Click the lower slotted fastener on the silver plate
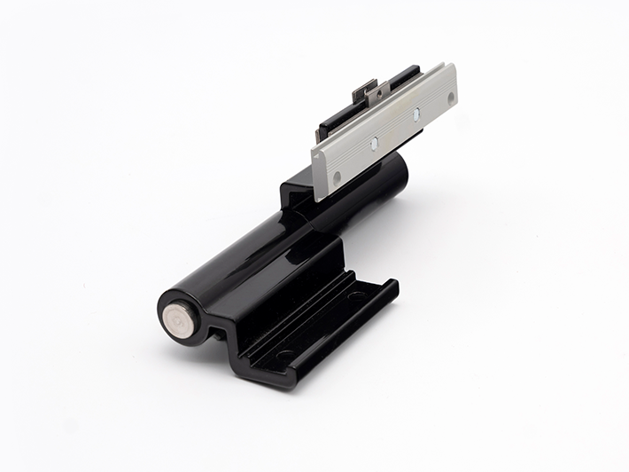coord(376,143)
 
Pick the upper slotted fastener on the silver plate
coord(416,115)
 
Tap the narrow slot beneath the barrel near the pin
coord(216,336)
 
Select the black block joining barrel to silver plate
coord(297,195)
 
